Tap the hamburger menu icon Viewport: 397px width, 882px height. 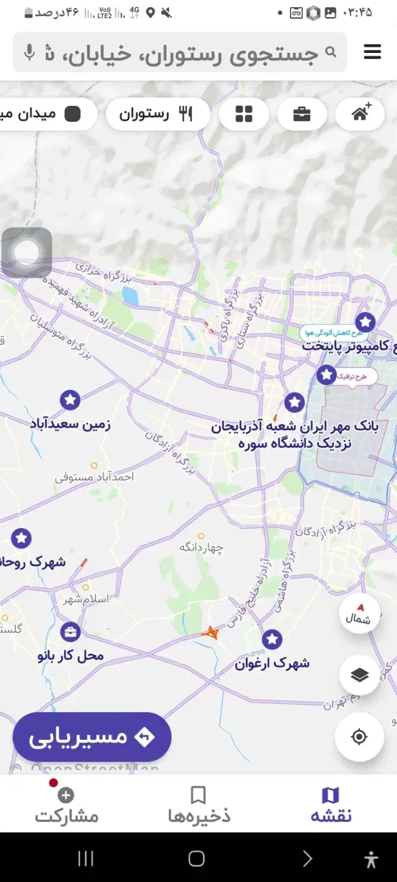[372, 52]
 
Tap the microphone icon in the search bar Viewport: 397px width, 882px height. [29, 53]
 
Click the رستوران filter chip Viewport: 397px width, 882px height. [158, 114]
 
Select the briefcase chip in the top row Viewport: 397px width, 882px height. [302, 114]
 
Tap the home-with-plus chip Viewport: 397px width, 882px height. [361, 113]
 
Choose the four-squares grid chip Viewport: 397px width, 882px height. [243, 114]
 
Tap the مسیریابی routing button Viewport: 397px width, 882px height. [92, 737]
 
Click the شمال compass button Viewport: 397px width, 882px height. [359, 614]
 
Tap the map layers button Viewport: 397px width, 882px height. [359, 676]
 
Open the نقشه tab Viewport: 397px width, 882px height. [331, 804]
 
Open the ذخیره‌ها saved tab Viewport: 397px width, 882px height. [199, 804]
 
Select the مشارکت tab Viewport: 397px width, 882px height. [66, 804]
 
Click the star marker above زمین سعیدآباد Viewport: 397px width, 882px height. [70, 400]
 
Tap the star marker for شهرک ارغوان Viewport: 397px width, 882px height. [272, 639]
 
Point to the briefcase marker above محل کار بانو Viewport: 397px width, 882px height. [70, 632]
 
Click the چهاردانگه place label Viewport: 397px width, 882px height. [202, 547]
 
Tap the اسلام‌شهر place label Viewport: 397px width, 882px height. [86, 599]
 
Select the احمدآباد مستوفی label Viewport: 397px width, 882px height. [95, 477]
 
